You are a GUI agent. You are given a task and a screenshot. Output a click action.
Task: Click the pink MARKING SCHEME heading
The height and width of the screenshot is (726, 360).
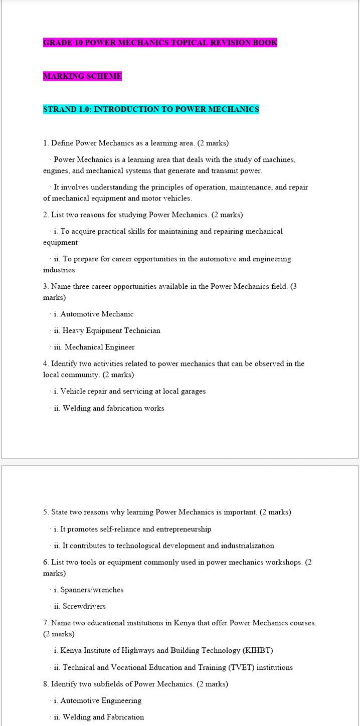(x=82, y=76)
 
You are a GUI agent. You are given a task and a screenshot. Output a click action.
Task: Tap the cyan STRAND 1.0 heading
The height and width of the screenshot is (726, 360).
(x=151, y=109)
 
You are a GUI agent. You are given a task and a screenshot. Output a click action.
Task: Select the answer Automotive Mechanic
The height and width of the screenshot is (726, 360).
(x=97, y=314)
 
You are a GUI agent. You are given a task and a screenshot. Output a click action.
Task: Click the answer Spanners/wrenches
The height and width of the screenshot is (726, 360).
(x=92, y=590)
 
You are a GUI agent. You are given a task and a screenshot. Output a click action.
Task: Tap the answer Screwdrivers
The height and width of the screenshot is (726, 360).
(x=84, y=606)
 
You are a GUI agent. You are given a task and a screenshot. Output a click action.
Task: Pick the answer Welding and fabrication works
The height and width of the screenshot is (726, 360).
(x=113, y=408)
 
